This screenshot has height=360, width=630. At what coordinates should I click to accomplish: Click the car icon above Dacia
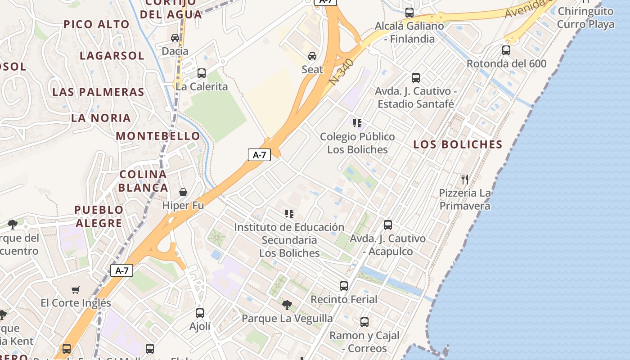click(175, 38)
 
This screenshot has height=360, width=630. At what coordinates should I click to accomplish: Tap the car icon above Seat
click(312, 56)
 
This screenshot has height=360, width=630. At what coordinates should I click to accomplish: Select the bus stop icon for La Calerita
click(201, 73)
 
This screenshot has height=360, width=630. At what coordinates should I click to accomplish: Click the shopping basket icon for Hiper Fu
click(183, 192)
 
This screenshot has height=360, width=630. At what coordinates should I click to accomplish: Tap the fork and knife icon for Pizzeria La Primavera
click(465, 180)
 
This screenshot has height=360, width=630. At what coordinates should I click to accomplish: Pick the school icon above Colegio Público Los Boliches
click(357, 123)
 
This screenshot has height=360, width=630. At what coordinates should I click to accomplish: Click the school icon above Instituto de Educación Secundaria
click(289, 213)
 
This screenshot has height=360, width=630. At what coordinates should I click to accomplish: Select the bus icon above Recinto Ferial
click(344, 286)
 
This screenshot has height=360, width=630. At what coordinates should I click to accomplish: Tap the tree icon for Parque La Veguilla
click(287, 305)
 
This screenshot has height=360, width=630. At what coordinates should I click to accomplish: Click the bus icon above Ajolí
click(200, 313)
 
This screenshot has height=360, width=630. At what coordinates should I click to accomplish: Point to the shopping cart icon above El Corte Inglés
click(75, 290)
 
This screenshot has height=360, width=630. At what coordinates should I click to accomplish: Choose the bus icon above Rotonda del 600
click(506, 50)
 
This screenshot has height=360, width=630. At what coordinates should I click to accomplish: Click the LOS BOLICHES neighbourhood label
click(458, 144)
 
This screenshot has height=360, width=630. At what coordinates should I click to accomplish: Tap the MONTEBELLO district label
click(158, 136)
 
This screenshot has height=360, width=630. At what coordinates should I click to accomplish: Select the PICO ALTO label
click(97, 24)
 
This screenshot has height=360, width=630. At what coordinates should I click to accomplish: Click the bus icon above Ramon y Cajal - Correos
click(364, 322)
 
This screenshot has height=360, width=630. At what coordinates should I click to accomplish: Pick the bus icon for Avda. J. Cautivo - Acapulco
click(388, 225)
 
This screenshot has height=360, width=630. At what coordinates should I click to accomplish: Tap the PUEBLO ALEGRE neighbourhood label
click(99, 216)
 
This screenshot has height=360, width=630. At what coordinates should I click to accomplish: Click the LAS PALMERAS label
click(98, 92)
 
